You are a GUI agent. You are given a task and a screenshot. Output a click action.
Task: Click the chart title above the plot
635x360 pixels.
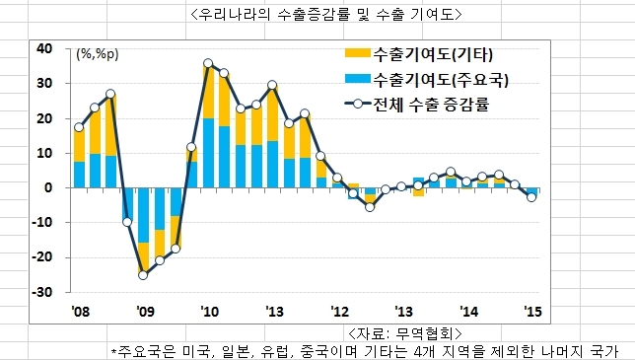326,15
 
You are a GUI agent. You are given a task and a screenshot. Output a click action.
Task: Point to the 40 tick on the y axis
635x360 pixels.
44,48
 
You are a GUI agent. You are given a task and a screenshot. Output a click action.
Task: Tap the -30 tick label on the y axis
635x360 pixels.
42,292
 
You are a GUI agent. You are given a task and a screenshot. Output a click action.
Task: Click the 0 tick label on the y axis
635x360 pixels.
48,188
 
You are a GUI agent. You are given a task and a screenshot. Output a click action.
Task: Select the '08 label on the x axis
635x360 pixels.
81,312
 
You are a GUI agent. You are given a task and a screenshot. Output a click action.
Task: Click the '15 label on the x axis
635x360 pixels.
532,312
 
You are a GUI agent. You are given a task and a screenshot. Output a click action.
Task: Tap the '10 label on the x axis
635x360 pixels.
209,312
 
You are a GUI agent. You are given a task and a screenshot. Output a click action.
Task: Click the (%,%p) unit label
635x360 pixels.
98,54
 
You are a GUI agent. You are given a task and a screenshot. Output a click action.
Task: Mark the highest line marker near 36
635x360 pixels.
208,63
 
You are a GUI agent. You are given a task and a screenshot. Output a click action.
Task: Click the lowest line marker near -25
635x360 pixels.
143,275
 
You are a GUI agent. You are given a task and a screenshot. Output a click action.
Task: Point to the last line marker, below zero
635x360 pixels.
531,197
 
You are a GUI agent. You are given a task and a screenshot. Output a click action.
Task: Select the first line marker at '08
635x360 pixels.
79,127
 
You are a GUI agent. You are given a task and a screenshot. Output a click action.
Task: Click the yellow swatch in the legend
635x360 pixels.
358,53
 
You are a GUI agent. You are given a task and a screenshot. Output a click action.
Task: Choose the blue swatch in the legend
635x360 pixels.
358,79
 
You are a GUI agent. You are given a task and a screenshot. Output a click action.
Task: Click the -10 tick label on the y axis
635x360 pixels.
42,222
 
